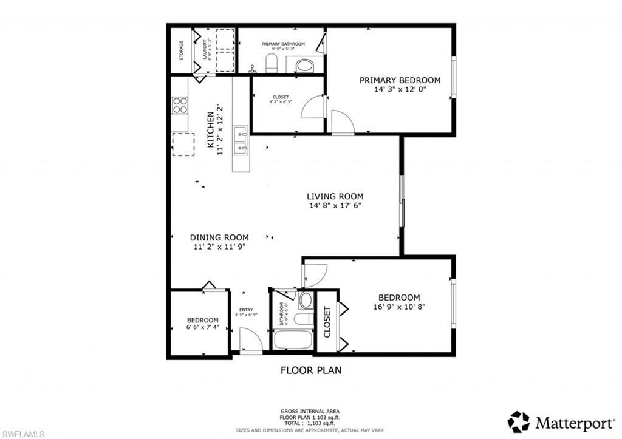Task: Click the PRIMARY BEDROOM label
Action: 400,80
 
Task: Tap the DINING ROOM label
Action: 219,237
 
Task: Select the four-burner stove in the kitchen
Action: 180,106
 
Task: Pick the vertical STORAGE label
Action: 181,50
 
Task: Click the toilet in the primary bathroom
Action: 272,63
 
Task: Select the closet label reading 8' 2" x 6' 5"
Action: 281,100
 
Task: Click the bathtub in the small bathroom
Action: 293,339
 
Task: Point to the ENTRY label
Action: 246,310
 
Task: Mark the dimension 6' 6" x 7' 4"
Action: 202,328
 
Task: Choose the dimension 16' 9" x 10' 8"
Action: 399,307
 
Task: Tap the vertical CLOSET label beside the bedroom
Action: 327,322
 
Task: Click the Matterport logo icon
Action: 519,421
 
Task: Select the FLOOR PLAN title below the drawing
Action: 310,370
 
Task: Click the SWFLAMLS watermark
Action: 22,433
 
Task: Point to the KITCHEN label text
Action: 211,129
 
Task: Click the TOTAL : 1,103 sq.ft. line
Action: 310,424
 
